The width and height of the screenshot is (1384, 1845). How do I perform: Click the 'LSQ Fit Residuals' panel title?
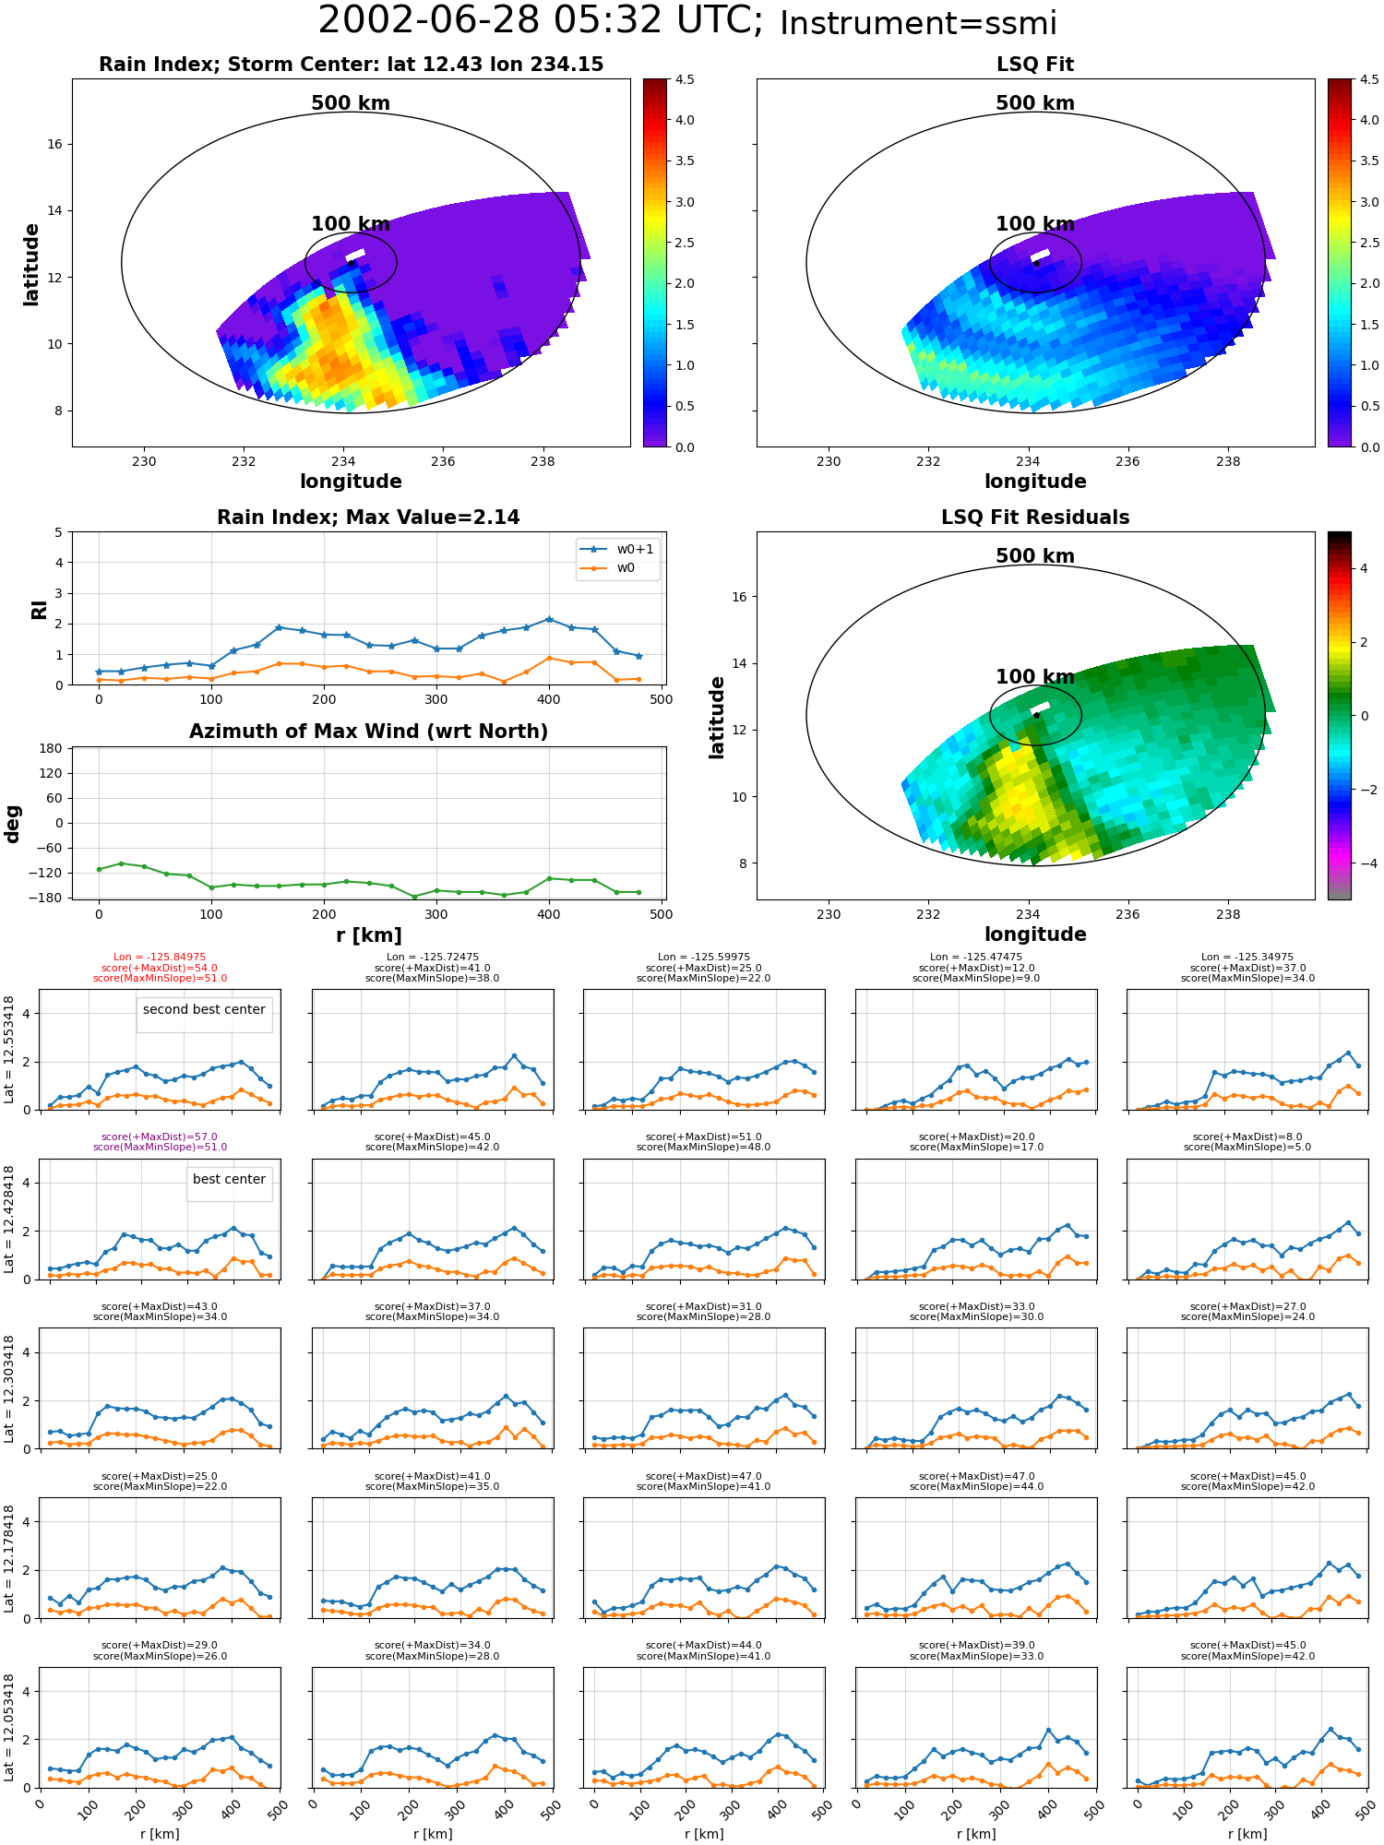click(1035, 518)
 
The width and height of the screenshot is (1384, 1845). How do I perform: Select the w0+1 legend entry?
click(617, 549)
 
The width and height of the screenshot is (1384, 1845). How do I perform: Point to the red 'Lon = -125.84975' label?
click(160, 958)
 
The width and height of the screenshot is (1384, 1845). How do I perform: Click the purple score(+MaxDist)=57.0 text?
click(160, 1137)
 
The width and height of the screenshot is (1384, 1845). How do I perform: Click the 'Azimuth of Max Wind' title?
click(368, 732)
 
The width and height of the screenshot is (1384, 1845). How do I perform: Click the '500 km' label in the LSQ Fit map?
click(1035, 103)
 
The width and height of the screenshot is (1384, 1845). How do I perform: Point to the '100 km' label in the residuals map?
click(1035, 677)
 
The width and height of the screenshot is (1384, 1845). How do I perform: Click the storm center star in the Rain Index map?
click(352, 263)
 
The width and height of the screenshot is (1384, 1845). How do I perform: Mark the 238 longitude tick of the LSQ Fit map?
click(1228, 461)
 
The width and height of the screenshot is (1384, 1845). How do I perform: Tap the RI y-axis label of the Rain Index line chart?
click(39, 609)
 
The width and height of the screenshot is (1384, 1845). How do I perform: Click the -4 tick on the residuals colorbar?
click(1363, 863)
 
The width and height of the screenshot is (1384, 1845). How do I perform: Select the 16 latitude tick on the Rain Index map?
click(56, 144)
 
